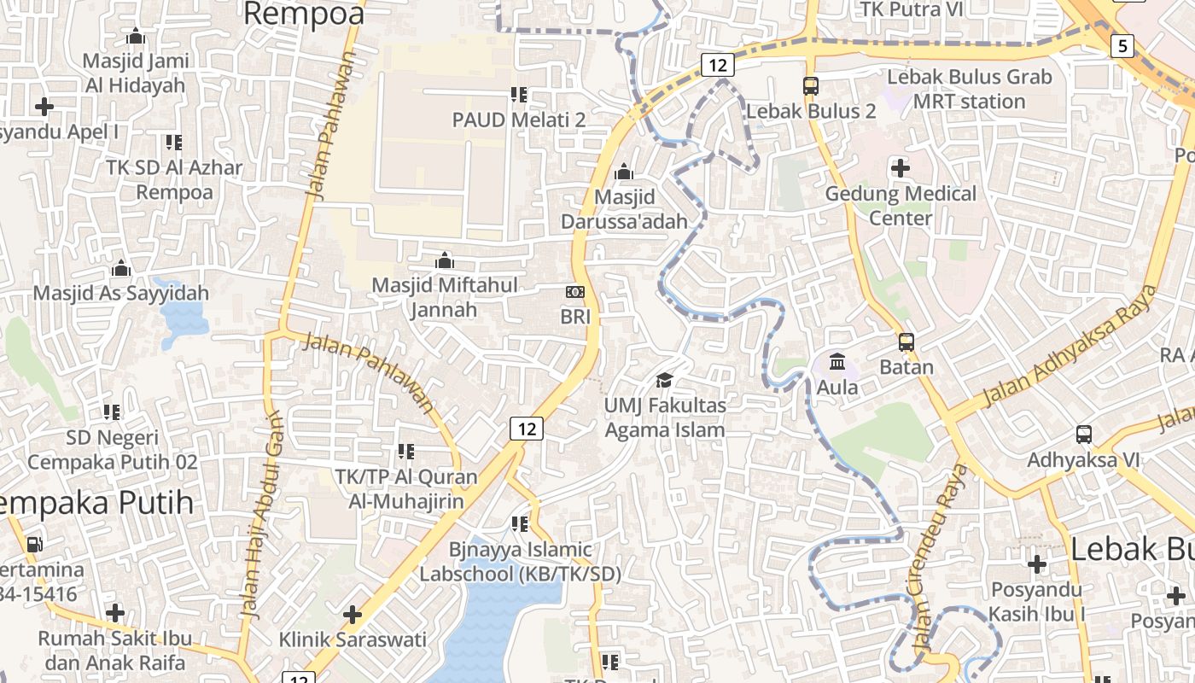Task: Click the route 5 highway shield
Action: (1122, 45)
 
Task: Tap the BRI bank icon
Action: (575, 292)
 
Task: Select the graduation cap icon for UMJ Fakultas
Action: (664, 380)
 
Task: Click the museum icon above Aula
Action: (837, 363)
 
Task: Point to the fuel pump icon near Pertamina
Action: (34, 544)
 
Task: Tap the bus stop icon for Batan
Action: (906, 342)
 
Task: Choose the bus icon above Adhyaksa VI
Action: (1084, 435)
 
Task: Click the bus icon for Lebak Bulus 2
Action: (811, 86)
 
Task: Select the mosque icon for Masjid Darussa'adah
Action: (624, 172)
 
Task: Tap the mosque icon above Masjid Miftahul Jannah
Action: (444, 260)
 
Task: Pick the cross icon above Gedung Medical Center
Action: (901, 168)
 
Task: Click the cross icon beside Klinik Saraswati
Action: (352, 614)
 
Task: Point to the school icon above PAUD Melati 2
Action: (518, 95)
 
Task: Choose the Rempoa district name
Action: (304, 14)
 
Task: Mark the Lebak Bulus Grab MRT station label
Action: (970, 89)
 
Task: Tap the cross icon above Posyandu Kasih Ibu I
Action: (1037, 564)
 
